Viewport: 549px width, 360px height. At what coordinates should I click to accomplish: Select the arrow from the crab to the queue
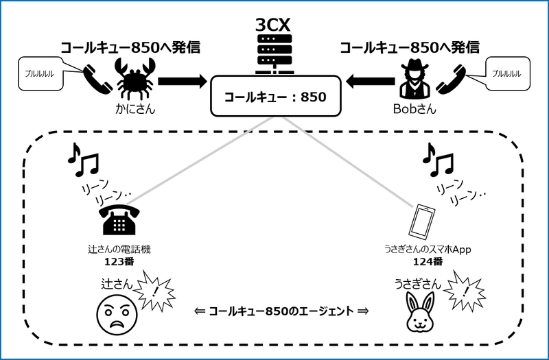coord(181,82)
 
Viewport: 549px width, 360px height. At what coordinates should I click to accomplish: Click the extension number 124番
coord(428,261)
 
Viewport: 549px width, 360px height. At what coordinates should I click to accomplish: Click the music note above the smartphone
coord(437,160)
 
